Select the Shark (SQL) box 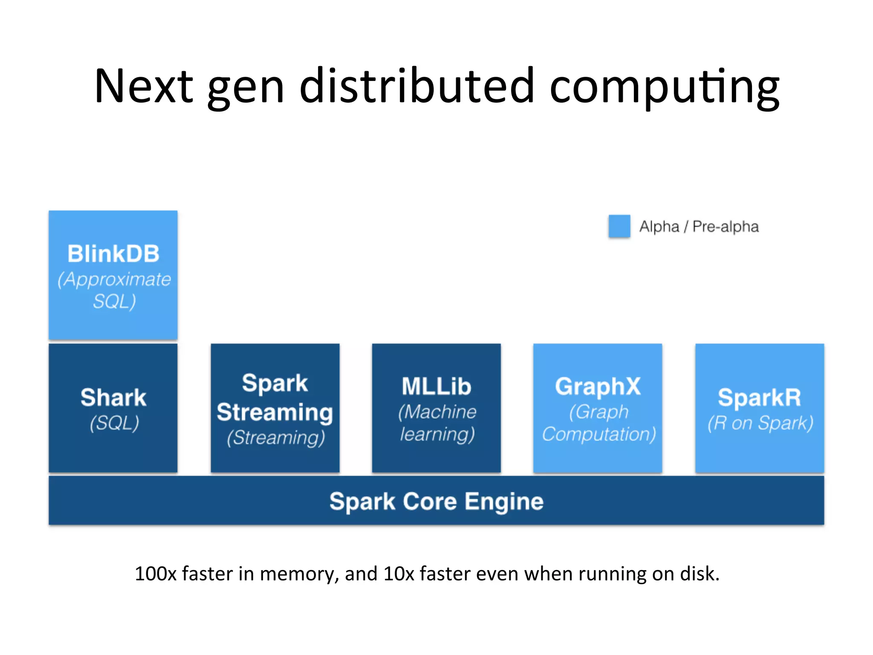tap(113, 408)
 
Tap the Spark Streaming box tap(275, 408)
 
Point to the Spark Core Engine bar tap(436, 501)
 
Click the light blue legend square tap(619, 226)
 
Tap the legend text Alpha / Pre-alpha tap(699, 226)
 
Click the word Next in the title tap(144, 87)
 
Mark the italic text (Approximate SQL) tap(114, 290)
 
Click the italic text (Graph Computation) tap(598, 423)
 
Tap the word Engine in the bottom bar tap(504, 501)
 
